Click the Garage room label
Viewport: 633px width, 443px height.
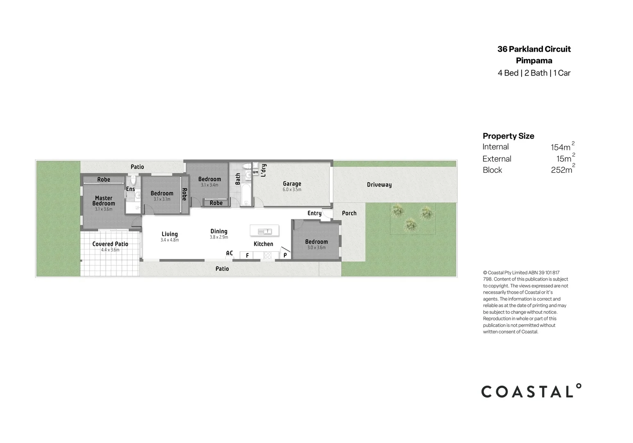tap(292, 184)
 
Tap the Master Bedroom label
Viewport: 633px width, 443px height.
tap(104, 201)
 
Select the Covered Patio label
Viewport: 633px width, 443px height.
tap(110, 244)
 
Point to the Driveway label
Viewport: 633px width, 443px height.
tap(379, 185)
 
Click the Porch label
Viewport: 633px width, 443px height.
tap(349, 213)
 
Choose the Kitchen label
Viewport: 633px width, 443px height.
tap(263, 244)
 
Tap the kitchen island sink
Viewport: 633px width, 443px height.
tap(265, 231)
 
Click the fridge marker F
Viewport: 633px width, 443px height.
tap(247, 256)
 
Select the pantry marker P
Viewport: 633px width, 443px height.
tap(285, 256)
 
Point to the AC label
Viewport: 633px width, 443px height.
tap(229, 253)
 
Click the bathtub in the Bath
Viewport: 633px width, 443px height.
tap(246, 195)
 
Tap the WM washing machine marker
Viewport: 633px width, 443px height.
tap(255, 172)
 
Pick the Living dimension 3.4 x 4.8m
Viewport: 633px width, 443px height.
tap(170, 240)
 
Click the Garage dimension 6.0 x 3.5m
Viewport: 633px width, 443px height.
tap(292, 190)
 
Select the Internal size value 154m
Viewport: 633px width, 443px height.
tap(561, 147)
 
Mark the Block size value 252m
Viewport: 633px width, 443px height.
tap(561, 170)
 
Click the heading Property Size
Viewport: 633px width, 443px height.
tap(508, 136)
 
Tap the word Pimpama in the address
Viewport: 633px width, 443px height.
tap(534, 61)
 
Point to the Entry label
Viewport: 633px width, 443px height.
tap(314, 213)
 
